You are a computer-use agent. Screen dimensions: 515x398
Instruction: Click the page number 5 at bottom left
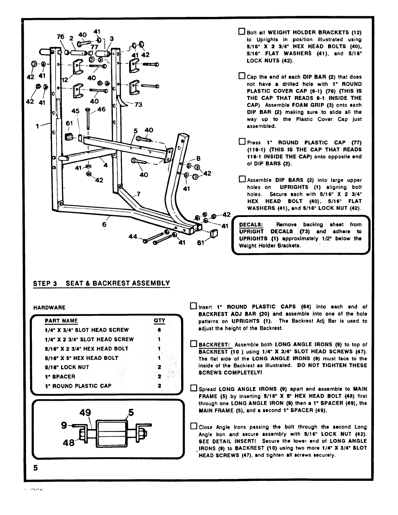[x=35, y=468]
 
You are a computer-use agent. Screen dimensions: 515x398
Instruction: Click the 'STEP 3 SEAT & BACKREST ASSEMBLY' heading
[x=101, y=283]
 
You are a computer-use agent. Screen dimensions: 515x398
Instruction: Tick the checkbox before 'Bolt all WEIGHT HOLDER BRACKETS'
[x=242, y=32]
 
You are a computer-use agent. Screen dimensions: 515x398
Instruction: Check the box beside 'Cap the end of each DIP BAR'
[x=242, y=76]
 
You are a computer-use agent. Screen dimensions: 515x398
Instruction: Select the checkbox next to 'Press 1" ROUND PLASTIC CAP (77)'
[x=242, y=142]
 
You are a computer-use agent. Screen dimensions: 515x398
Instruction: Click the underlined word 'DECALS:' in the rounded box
[x=251, y=225]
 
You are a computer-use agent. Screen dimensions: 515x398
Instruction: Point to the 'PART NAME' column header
[x=61, y=321]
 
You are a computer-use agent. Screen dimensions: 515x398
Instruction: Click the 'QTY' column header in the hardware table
[x=159, y=321]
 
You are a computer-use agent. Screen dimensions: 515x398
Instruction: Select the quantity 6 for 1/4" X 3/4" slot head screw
[x=159, y=330]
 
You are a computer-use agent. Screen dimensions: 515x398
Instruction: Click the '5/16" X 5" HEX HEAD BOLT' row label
[x=81, y=358]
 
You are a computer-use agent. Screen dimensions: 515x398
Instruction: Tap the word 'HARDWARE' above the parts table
[x=49, y=307]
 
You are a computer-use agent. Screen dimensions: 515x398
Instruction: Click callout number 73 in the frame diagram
[x=138, y=105]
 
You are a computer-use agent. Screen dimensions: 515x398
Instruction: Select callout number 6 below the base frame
[x=104, y=224]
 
